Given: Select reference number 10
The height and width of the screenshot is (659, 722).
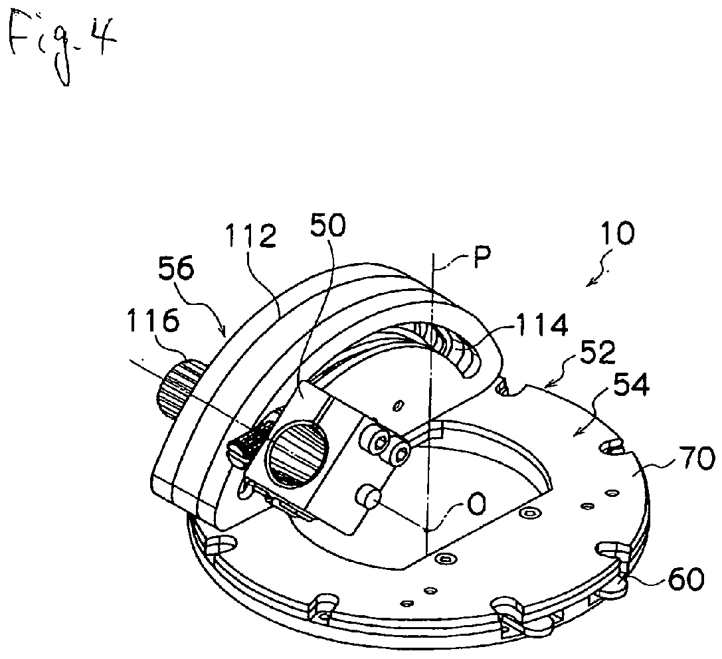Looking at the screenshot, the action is pyautogui.click(x=614, y=233).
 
